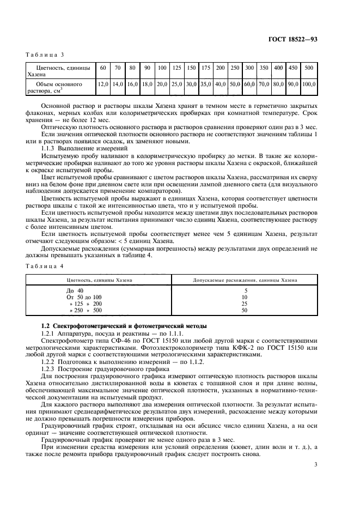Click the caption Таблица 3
(45, 54)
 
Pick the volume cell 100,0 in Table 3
(309, 85)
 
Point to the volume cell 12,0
(102, 85)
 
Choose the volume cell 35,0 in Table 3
(206, 85)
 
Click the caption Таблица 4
(45, 265)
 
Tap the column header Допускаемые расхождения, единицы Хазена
(246, 280)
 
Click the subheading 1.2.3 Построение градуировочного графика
(99, 368)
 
